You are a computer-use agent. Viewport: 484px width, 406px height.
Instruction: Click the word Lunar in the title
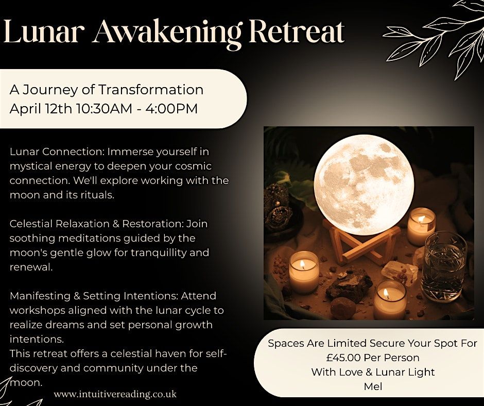click(44, 32)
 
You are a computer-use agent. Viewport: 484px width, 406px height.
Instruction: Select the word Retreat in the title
click(297, 32)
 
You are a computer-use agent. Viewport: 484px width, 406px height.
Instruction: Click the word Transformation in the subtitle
click(151, 90)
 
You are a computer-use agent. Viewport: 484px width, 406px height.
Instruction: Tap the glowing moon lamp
click(364, 184)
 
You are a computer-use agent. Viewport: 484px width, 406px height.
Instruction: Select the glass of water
click(444, 266)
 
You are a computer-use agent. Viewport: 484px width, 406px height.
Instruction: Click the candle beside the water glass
click(421, 226)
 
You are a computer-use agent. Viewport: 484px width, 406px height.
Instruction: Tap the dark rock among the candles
click(349, 285)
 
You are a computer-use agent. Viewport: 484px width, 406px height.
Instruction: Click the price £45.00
click(343, 358)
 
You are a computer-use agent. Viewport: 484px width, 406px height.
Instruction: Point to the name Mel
click(373, 386)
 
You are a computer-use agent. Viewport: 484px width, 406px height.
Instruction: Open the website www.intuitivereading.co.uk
click(115, 394)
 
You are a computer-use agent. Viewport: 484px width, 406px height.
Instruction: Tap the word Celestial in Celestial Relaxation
click(31, 224)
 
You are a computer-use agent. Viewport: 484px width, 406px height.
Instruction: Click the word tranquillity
click(159, 253)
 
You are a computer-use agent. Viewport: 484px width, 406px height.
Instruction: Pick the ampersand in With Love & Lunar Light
click(369, 373)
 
